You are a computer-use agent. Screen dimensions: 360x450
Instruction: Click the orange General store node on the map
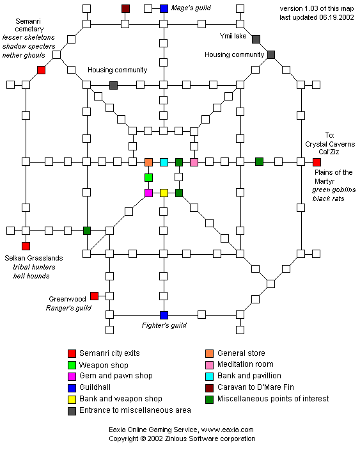click(148, 162)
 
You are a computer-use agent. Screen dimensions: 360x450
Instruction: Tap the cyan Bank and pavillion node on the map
click(164, 162)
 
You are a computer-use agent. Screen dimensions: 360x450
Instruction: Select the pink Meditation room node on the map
click(194, 162)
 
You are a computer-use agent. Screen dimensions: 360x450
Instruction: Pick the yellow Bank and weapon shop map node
click(164, 193)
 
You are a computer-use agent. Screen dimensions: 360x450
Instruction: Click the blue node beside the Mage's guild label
click(164, 8)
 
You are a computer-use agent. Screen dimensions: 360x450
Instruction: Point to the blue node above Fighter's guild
click(164, 315)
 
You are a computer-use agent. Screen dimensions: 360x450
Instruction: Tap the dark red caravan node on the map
click(125, 8)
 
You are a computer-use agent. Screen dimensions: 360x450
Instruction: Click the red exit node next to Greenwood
click(94, 296)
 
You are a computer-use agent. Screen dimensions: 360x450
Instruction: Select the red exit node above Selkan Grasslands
click(26, 246)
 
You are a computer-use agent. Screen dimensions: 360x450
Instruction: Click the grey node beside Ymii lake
click(256, 39)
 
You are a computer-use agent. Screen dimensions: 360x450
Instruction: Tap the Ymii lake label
click(233, 36)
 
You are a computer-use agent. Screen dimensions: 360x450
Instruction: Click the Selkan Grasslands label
click(34, 258)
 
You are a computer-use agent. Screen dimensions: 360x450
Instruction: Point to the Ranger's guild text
click(68, 308)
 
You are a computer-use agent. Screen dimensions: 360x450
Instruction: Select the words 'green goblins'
click(334, 189)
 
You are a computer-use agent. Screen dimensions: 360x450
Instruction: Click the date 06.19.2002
click(336, 17)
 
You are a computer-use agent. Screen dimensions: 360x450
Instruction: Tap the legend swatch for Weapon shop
click(72, 365)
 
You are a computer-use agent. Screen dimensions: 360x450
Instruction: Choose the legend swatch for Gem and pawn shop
click(72, 376)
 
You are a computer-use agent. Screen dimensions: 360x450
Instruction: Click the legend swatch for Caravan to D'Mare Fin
click(210, 388)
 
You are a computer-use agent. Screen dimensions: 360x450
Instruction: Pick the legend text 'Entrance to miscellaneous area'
click(135, 410)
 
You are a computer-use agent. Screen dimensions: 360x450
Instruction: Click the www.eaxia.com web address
click(227, 430)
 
